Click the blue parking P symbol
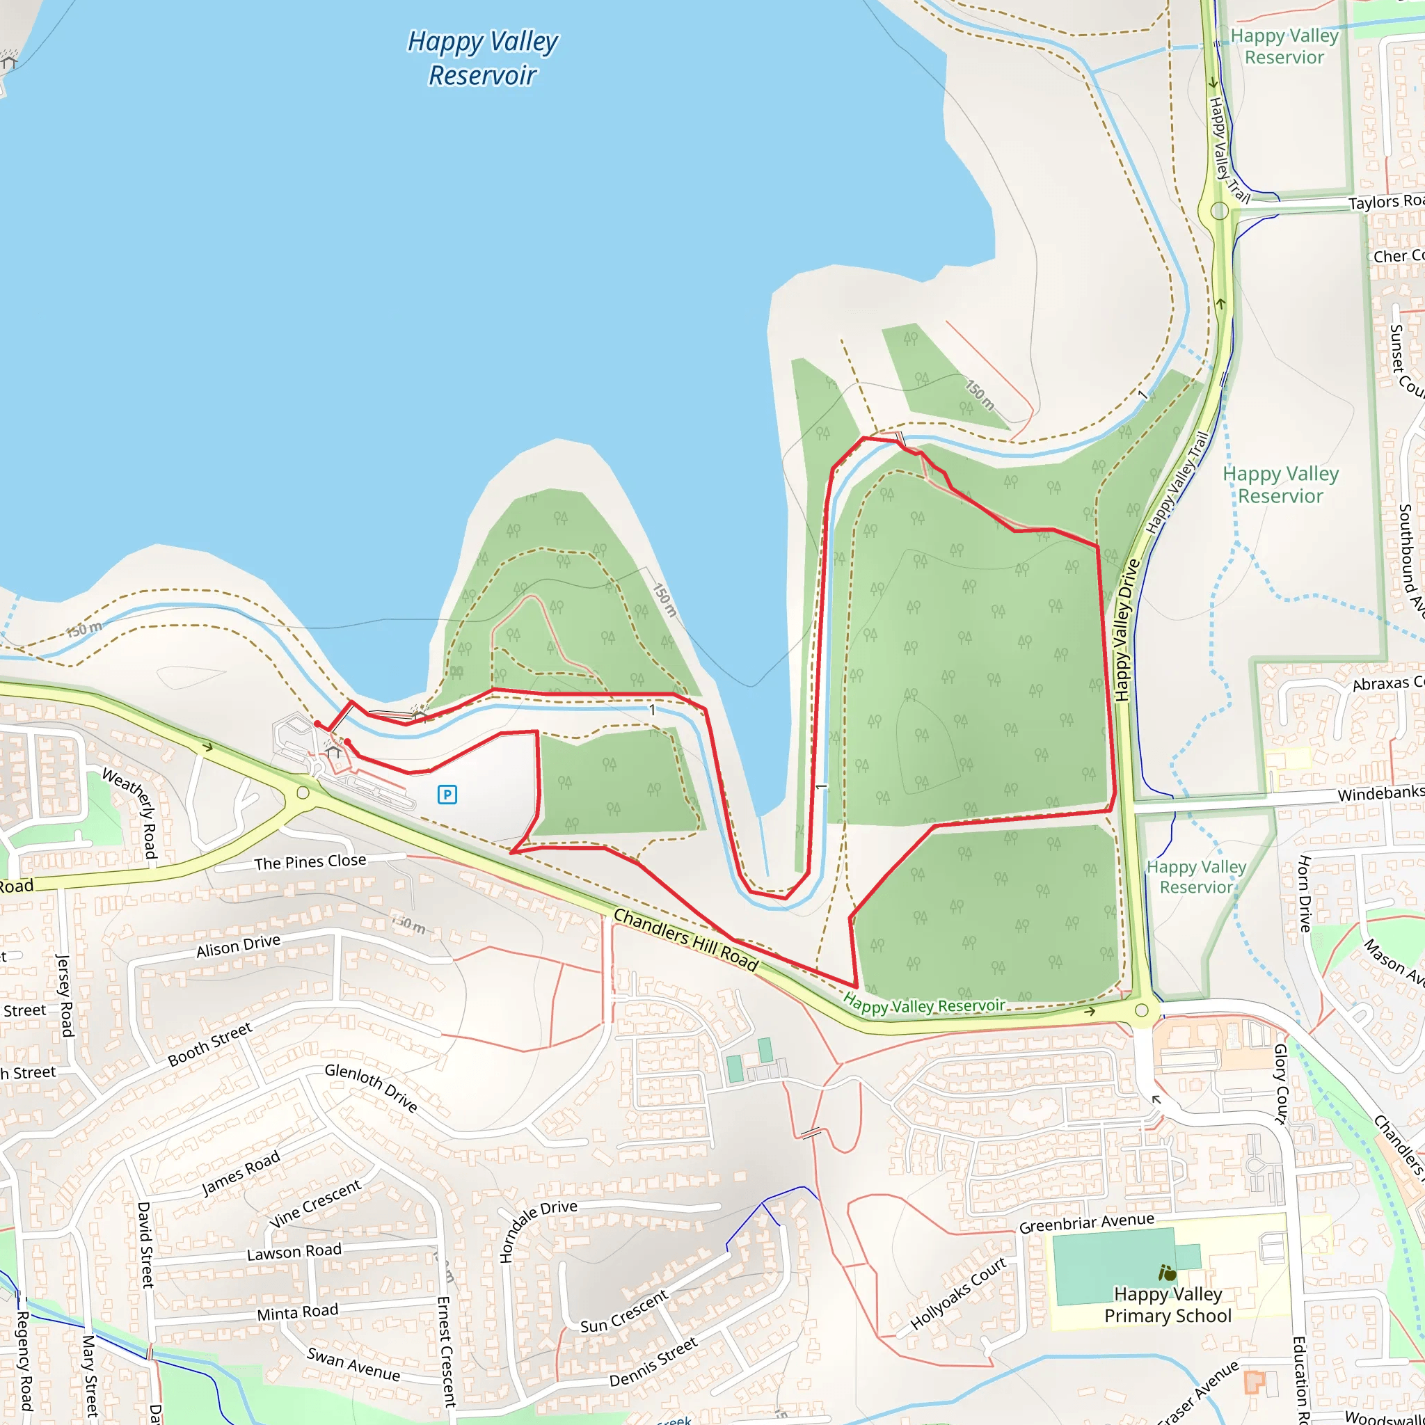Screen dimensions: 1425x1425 (447, 795)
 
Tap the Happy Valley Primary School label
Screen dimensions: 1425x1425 (1168, 1305)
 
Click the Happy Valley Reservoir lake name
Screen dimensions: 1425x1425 (482, 58)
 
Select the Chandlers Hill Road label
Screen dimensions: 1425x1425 (685, 939)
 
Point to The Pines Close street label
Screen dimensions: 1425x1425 (310, 861)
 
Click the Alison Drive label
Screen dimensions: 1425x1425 (238, 946)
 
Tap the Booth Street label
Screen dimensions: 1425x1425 (209, 1044)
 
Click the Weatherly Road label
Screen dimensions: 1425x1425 (131, 813)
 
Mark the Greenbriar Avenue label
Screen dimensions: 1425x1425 (1085, 1223)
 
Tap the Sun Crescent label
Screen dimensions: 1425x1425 (624, 1312)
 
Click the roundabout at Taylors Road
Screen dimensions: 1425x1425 (1220, 211)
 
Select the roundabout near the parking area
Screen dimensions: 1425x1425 (303, 793)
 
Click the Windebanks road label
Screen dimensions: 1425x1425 (1380, 794)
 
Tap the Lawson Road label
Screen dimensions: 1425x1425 (294, 1252)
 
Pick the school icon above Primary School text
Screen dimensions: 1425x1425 (1166, 1273)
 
